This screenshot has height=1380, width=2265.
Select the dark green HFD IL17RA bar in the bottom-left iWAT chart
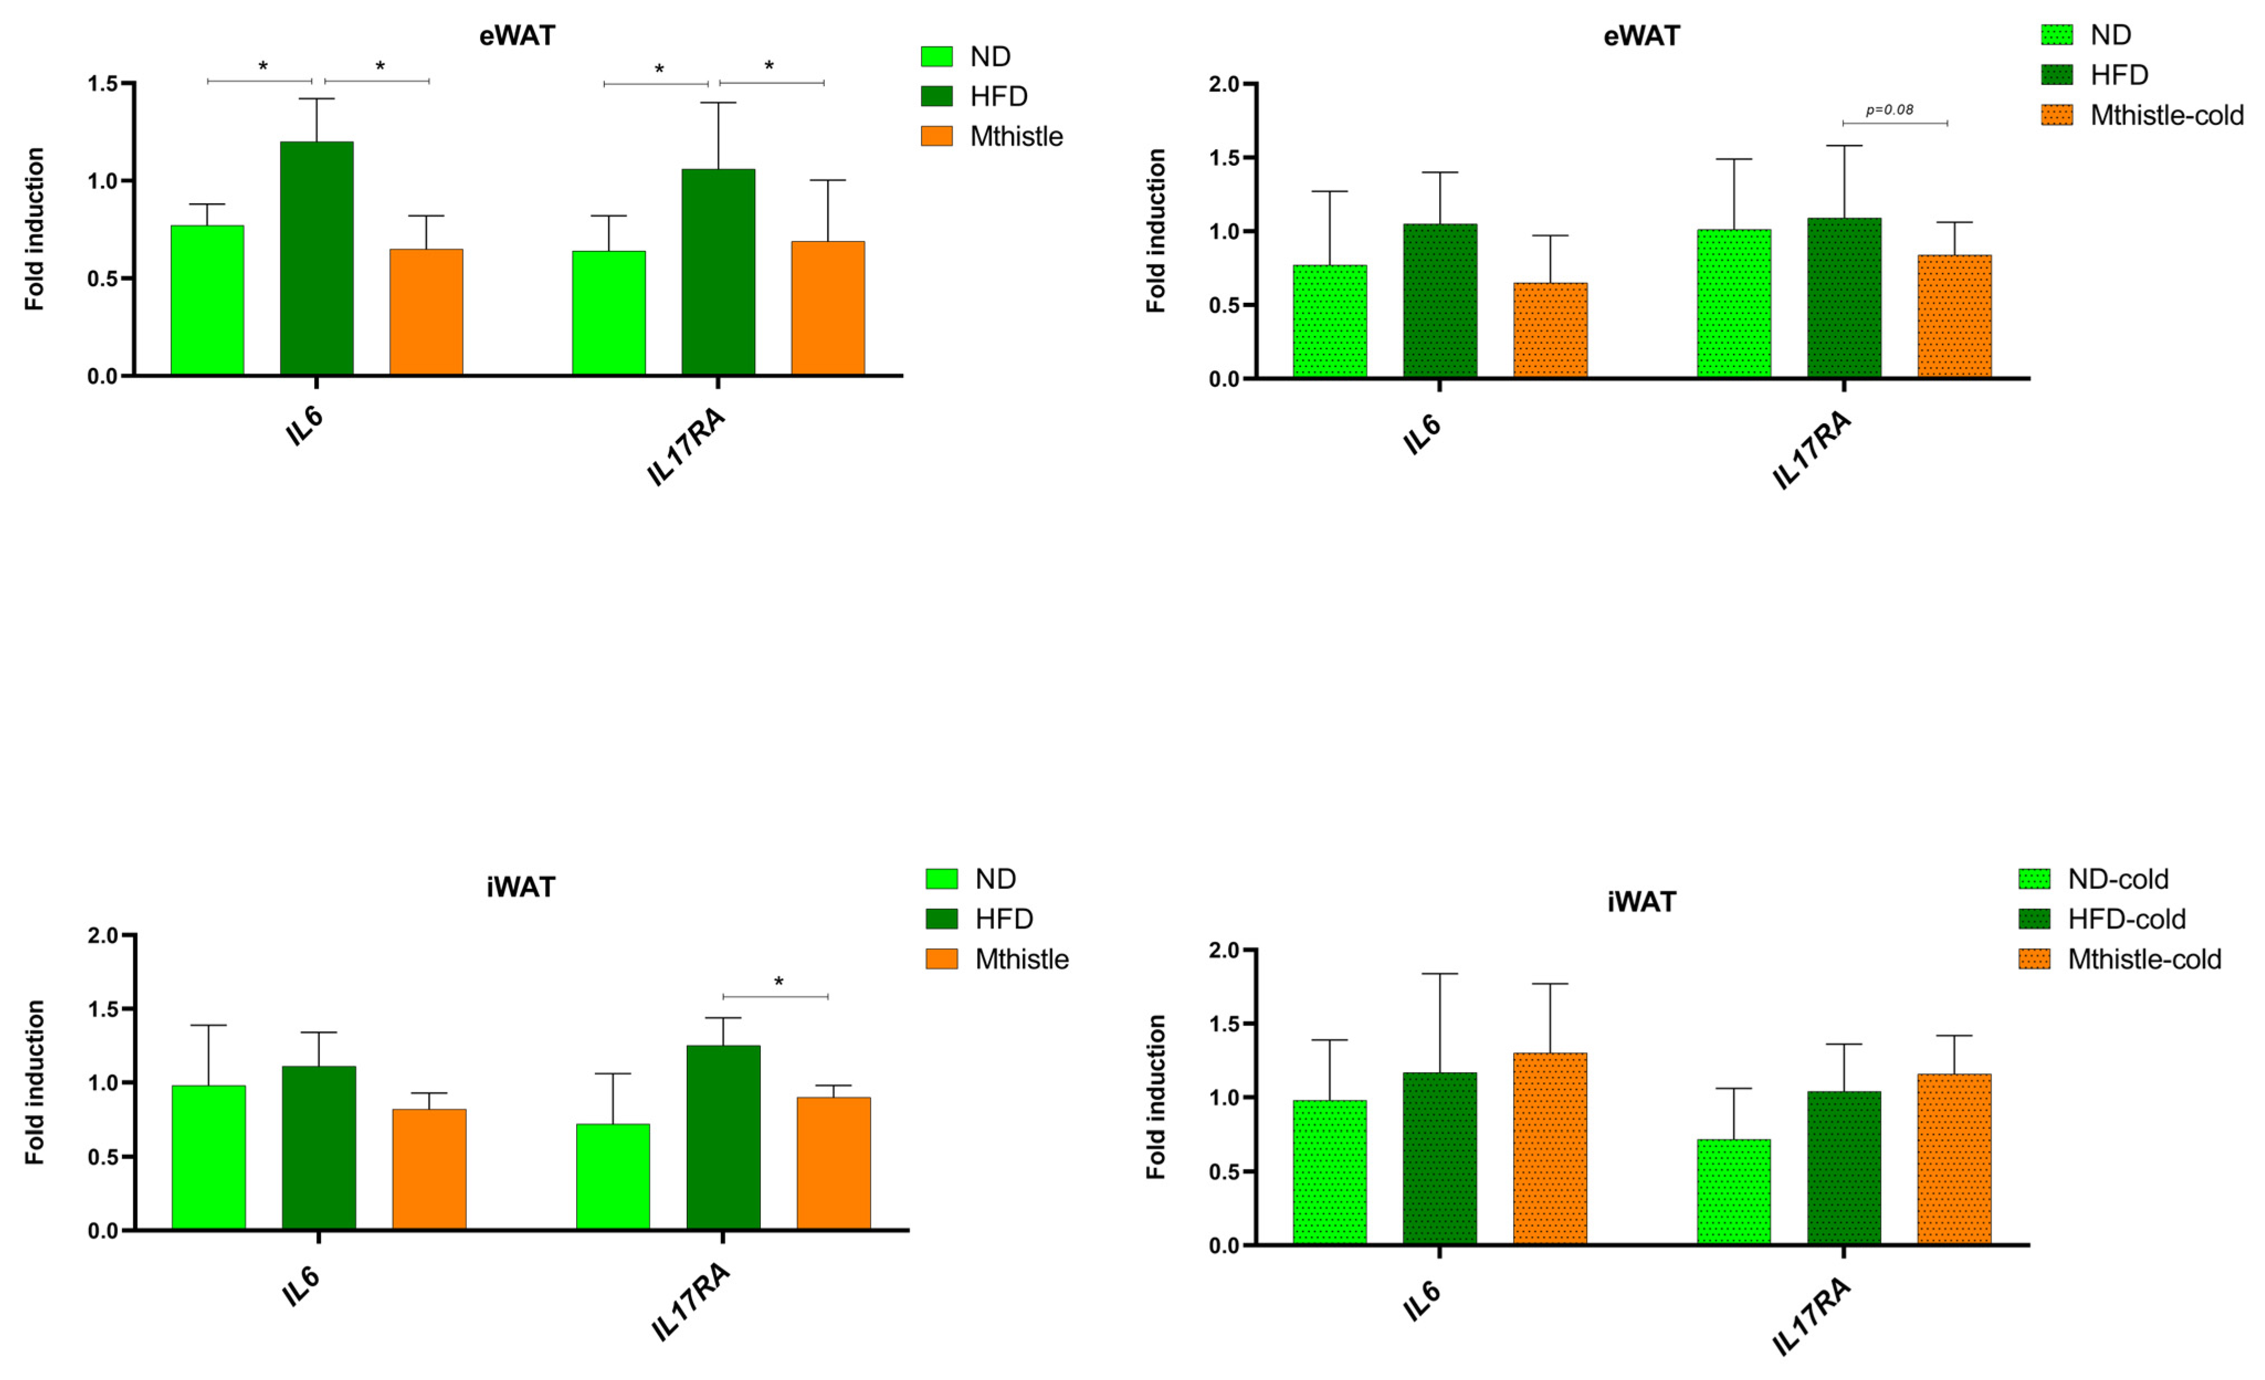tap(724, 1137)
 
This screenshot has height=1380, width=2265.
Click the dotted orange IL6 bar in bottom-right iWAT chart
tap(1550, 1148)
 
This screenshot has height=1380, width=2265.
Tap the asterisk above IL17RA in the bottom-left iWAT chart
tap(778, 983)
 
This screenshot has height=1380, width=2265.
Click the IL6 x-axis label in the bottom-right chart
tap(1422, 1301)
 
